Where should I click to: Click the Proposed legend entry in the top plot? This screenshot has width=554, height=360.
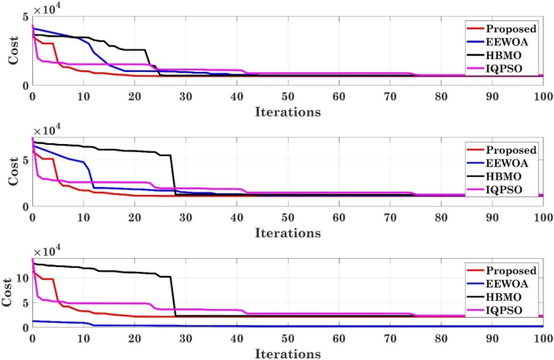[513, 28]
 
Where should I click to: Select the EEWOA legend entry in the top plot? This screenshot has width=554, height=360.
[510, 41]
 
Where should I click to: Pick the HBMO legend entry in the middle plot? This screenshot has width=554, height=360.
[508, 177]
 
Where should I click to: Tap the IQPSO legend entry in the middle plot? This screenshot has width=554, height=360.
[510, 191]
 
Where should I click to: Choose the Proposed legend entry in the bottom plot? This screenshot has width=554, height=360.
[513, 270]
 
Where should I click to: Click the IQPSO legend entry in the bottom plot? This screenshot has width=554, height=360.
[510, 311]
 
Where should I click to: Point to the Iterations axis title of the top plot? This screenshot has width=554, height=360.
[287, 111]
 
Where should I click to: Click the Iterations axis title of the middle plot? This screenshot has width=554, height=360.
[287, 233]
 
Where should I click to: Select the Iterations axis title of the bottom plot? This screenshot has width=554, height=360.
[287, 354]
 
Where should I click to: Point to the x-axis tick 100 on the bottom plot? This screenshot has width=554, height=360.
[542, 339]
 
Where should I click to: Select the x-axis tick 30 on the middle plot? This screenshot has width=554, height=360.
[185, 218]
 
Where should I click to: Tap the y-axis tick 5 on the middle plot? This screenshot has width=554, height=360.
[26, 160]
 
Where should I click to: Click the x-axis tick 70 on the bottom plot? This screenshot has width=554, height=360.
[389, 339]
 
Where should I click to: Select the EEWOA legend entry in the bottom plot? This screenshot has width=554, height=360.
[510, 284]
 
